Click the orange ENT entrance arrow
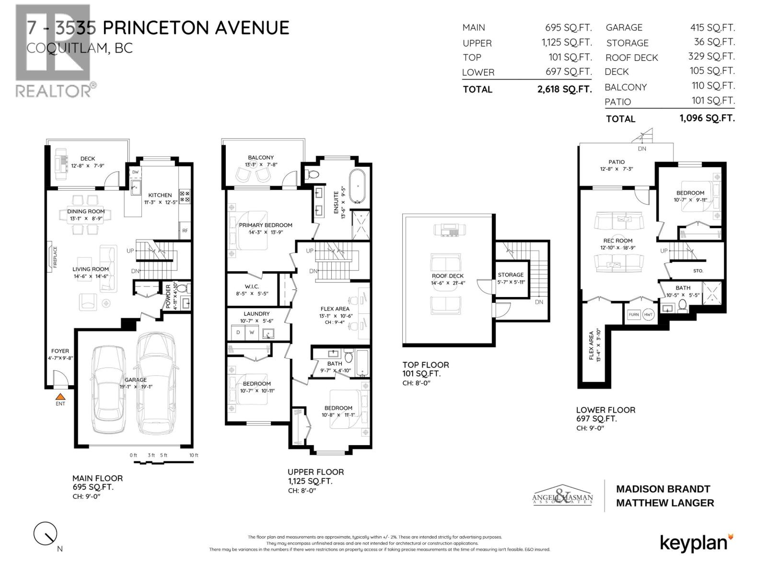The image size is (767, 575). point(60,397)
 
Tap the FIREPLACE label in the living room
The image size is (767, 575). point(55,256)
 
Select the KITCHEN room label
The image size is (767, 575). point(160,195)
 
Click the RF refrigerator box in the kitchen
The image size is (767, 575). point(185,230)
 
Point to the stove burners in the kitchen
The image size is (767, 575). point(185,195)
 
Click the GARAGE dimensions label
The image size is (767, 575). point(136,383)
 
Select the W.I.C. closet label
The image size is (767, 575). point(252,286)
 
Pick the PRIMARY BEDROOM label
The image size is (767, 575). point(266,225)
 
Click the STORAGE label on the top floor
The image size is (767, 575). point(511,275)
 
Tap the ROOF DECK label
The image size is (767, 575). point(447,276)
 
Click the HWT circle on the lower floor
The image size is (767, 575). point(648,314)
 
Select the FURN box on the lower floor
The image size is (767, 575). point(634,314)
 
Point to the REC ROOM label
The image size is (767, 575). point(617,241)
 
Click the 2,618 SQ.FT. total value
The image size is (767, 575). point(565,89)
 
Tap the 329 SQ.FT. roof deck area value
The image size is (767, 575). point(711,57)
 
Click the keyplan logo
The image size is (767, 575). point(696,543)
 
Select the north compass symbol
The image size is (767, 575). point(45,533)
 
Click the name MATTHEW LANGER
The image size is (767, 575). point(665,503)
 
